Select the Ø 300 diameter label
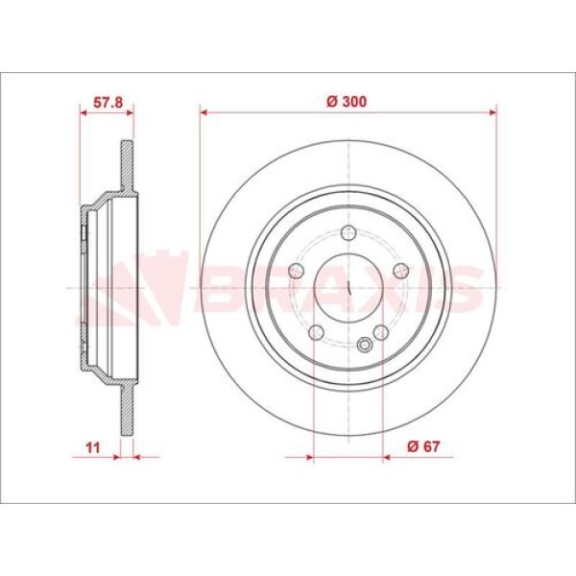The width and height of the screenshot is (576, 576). [x=348, y=100]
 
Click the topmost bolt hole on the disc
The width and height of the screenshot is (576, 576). [x=348, y=231]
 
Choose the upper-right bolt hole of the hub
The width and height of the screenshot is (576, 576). [x=401, y=270]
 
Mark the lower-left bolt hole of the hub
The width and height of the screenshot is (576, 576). [x=315, y=332]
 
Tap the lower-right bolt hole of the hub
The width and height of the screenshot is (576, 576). [x=381, y=332]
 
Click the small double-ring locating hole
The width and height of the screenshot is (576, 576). [x=365, y=347]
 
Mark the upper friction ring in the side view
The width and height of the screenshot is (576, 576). [x=126, y=169]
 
